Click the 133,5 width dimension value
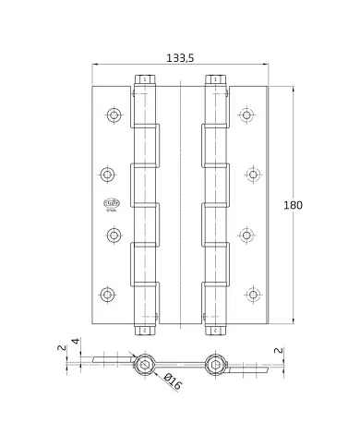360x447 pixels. (179, 57)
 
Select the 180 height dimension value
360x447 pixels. (294, 204)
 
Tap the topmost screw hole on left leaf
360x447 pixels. (114, 115)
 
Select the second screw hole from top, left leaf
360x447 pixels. (108, 174)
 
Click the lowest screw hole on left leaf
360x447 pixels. (108, 296)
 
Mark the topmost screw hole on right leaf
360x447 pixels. (246, 115)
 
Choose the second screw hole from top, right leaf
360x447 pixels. (251, 174)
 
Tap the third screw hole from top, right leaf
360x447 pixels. (246, 235)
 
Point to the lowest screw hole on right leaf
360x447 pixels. (251, 296)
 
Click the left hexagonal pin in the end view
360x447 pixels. (143, 366)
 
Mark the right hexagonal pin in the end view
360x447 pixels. (216, 366)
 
